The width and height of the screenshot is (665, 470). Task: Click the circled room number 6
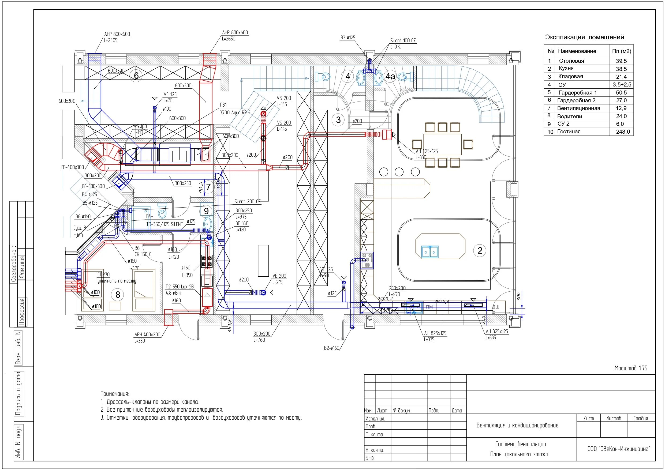click(136, 76)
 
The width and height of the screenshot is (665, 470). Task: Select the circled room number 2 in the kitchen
click(480, 250)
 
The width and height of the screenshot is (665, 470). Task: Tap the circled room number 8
click(118, 295)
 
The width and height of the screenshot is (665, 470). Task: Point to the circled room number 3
click(338, 120)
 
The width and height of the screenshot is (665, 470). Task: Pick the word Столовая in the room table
click(571, 61)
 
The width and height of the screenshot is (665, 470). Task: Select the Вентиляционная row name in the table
click(578, 108)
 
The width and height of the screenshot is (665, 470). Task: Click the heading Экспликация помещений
click(584, 37)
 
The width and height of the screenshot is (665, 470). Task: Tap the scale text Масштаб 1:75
click(630, 368)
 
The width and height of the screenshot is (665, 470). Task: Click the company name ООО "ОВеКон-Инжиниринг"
click(618, 449)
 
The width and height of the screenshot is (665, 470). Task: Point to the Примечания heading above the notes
click(114, 394)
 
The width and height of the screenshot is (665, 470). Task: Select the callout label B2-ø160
click(331, 348)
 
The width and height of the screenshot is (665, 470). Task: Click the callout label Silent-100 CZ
click(403, 40)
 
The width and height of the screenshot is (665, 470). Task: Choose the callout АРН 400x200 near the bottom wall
click(147, 335)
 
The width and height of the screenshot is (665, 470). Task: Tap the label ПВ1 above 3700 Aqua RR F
click(223, 105)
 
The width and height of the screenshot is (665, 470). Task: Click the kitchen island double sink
click(430, 252)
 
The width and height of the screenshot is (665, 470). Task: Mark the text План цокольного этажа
click(519, 454)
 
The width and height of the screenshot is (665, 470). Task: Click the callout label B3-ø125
click(348, 38)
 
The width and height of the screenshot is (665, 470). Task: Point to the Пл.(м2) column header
click(621, 51)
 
